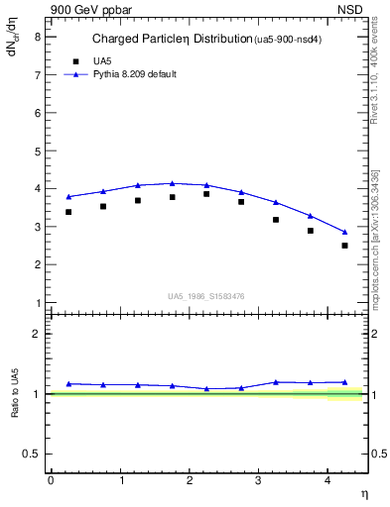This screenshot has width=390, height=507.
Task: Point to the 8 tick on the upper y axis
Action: point(39,37)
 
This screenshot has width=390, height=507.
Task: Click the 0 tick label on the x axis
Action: point(51,480)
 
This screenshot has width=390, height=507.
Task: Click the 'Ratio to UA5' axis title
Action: point(16,393)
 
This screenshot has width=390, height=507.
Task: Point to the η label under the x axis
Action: point(363,493)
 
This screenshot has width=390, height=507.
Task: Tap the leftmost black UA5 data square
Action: point(68,212)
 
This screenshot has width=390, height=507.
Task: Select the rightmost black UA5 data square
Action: point(345,246)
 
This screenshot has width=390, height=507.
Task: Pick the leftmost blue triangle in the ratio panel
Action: point(68,384)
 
